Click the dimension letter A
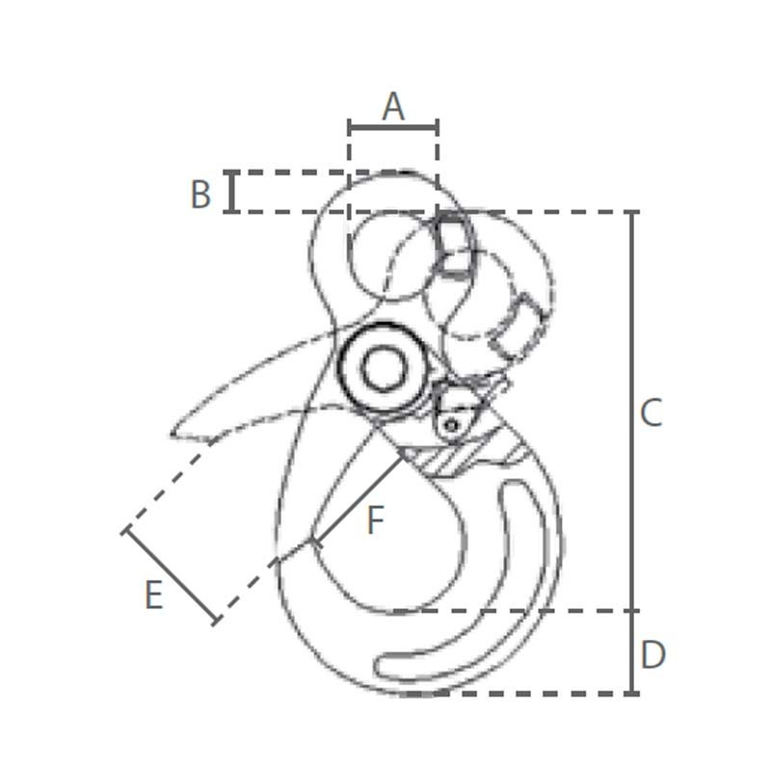click(393, 107)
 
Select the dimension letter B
click(200, 195)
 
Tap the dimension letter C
click(651, 412)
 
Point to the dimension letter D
click(653, 654)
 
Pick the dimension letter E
click(154, 595)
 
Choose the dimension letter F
click(375, 520)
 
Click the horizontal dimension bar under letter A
click(393, 128)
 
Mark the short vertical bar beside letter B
click(232, 192)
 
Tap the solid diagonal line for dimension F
click(359, 499)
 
